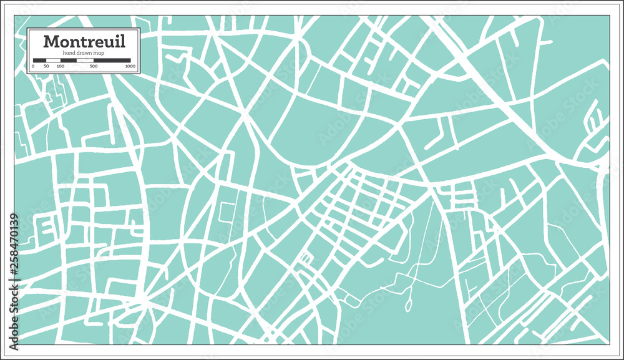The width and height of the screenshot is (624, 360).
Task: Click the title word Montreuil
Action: [84, 42]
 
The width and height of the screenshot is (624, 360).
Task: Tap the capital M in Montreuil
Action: [51, 42]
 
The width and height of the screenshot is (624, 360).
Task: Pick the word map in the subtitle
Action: [98, 54]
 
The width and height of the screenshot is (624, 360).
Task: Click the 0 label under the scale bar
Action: [33, 66]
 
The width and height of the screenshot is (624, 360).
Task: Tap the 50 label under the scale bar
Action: [47, 66]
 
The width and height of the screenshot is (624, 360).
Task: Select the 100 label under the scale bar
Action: [61, 66]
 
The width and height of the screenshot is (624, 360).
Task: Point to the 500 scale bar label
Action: [94, 66]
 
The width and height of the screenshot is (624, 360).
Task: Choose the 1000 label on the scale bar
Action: [130, 66]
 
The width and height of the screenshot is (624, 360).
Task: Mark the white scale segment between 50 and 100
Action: [54, 61]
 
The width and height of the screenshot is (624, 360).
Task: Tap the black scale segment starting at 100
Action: [68, 61]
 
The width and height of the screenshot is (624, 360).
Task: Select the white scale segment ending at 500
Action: [86, 61]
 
